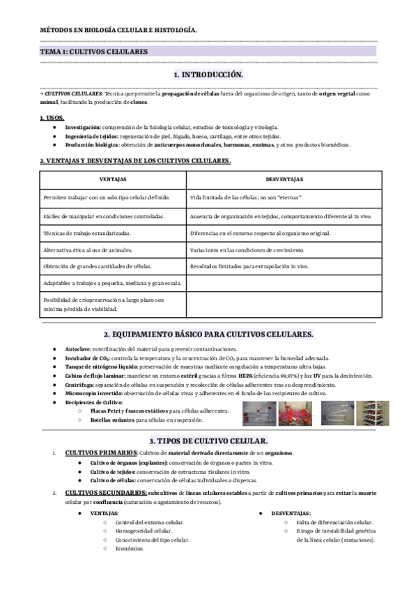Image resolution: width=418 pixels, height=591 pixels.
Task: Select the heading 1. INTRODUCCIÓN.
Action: point(208,74)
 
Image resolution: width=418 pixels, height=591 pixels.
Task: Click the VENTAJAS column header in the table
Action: point(113,179)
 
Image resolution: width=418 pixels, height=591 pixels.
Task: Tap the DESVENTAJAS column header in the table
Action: point(281,179)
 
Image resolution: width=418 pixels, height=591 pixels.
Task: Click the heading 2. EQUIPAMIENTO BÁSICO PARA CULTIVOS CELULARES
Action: point(208,334)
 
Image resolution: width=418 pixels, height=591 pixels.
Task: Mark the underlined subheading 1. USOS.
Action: point(51,118)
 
